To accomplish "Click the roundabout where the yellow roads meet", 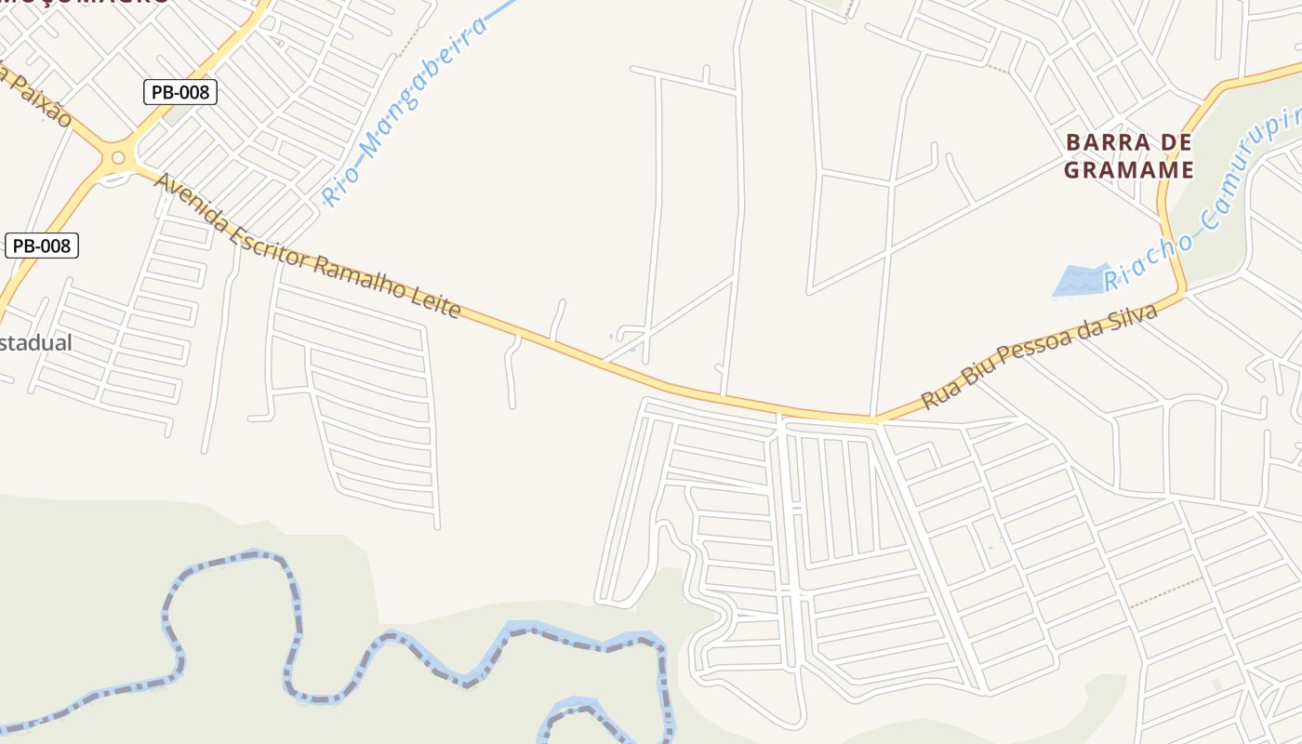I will coord(118,157).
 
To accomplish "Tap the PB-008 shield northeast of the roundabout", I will coord(180,91).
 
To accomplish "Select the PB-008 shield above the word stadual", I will coord(42,246).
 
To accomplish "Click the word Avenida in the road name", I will coord(192,206).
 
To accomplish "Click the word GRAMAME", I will coord(1128,170).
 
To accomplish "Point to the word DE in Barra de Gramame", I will coord(1175,143).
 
